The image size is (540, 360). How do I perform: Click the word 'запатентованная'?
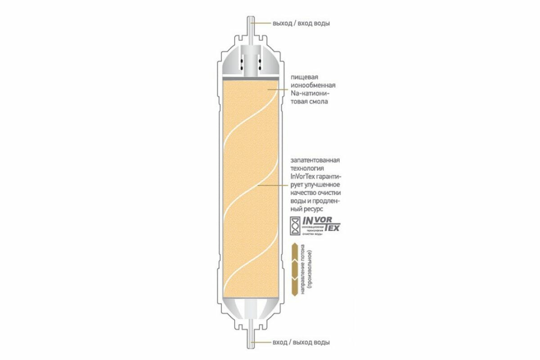(315, 161)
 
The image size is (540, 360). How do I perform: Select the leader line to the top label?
(261, 23)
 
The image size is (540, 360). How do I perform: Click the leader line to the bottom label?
(261, 342)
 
